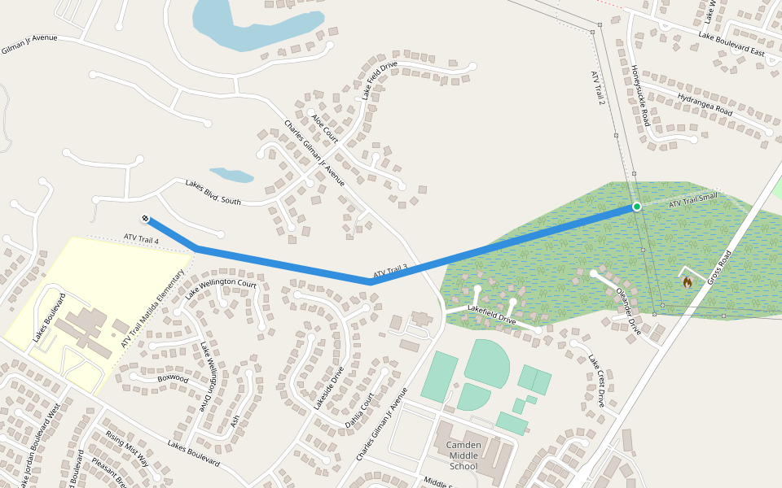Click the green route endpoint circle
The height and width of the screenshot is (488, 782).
636,207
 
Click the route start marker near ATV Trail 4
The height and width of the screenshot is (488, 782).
145,218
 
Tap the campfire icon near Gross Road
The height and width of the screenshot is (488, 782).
688,282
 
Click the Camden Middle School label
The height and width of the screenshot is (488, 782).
463,455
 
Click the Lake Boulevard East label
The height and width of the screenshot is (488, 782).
731,45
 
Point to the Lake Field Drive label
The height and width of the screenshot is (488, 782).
380,80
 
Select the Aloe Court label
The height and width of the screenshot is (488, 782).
324,129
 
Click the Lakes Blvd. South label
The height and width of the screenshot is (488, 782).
213,192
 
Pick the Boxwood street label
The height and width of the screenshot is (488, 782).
173,378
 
